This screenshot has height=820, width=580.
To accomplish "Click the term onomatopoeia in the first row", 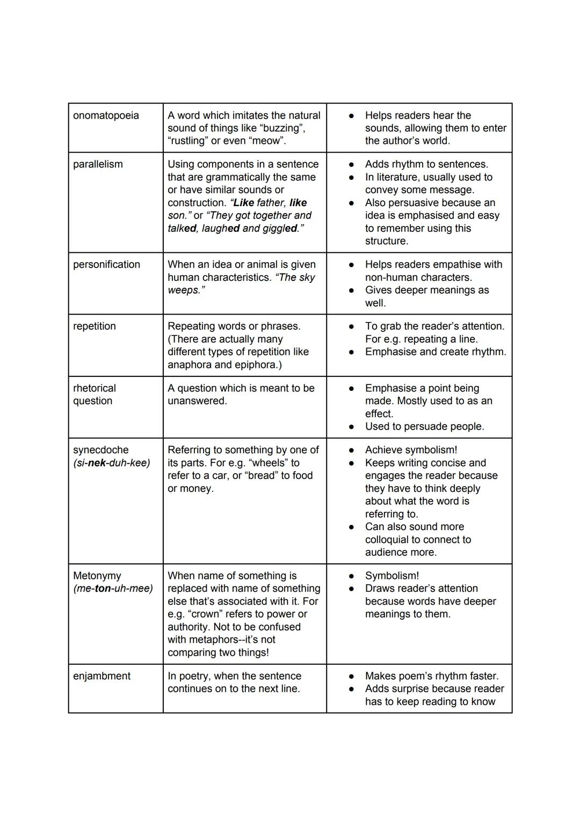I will pos(106,115).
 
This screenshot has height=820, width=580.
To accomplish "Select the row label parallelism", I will pos(98,164).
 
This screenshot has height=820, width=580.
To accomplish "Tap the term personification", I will pos(106,265).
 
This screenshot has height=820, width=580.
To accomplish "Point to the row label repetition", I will pos(95,326).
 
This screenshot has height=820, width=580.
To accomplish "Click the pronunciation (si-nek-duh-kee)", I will pos(112,463).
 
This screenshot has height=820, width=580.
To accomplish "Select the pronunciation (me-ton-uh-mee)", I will pos(113,589).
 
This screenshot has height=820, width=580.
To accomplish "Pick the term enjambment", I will pos(102,676).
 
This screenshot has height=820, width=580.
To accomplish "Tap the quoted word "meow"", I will pos(267,141).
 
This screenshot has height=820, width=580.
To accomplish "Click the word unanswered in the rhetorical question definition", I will pos(197,401).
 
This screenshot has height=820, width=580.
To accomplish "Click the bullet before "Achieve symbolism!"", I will pos(351,450).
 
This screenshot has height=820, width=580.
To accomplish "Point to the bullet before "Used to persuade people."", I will pos(351,427).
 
